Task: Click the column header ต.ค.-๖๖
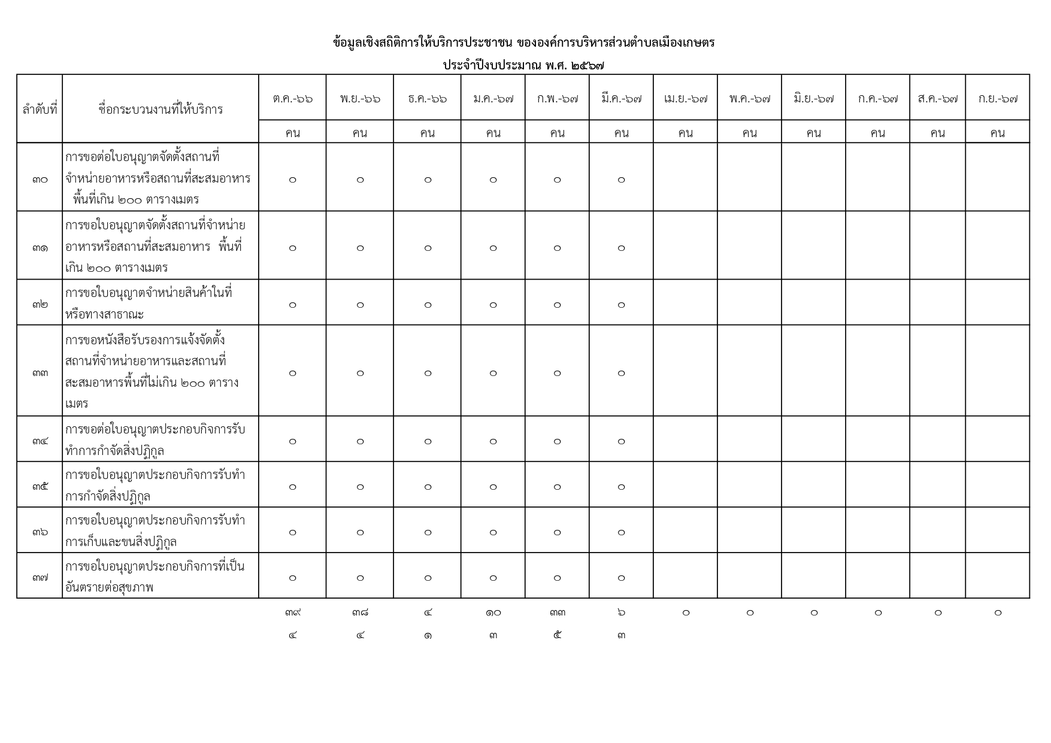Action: tap(292, 98)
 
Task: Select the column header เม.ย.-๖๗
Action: tap(685, 98)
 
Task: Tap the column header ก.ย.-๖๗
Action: tap(997, 98)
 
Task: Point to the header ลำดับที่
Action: tap(40, 109)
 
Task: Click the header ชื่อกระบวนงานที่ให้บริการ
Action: tap(160, 109)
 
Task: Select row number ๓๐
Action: tap(40, 178)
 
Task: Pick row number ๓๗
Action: tap(40, 577)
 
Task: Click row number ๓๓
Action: tap(40, 372)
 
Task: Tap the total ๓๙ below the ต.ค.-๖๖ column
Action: tap(292, 612)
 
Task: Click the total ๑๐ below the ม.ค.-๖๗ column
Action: tap(493, 612)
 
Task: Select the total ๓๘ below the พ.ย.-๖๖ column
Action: tap(360, 612)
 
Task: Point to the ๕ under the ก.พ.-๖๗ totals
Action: tap(557, 635)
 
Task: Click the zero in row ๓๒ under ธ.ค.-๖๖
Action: tap(428, 305)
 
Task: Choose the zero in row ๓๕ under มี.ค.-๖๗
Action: tap(621, 487)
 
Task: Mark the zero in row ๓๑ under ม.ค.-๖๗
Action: tap(493, 248)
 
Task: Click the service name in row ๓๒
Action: tap(149, 303)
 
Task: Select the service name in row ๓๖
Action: tap(155, 530)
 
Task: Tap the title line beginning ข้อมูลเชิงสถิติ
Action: tap(524, 43)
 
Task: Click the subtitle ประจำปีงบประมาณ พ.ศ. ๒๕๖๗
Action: tap(524, 65)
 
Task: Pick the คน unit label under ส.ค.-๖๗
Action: tap(937, 132)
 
